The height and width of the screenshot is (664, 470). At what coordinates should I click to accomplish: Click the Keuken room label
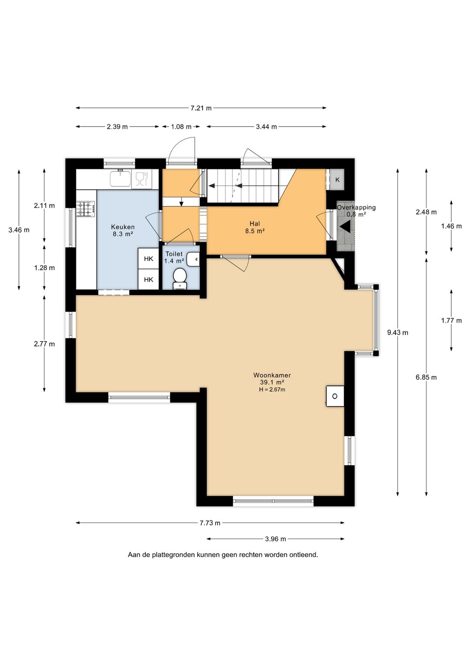click(x=123, y=227)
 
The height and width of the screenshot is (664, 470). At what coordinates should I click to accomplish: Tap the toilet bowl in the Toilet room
click(x=180, y=278)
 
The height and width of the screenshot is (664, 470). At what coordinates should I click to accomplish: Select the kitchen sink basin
click(x=121, y=179)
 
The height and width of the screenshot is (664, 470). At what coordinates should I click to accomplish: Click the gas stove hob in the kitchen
click(x=86, y=208)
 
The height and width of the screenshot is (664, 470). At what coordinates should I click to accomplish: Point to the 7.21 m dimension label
click(x=201, y=108)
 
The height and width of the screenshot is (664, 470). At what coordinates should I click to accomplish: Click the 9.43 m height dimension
click(x=398, y=332)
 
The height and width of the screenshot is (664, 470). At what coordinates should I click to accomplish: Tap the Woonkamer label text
click(x=272, y=375)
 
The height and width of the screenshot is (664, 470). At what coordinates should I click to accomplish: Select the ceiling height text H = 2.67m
click(x=272, y=389)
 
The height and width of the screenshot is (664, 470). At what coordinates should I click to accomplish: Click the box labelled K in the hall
click(x=337, y=180)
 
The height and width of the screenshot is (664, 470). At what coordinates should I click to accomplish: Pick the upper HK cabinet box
click(x=148, y=258)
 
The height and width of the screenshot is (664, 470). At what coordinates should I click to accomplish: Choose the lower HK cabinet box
click(x=148, y=279)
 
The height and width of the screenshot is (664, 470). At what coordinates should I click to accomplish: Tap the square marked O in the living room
click(x=335, y=396)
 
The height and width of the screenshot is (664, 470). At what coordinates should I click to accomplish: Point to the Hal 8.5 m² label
click(x=255, y=228)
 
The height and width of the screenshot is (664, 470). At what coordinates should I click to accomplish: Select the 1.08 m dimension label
click(x=181, y=127)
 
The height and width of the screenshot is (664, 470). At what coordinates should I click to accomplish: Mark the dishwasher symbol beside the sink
click(x=141, y=179)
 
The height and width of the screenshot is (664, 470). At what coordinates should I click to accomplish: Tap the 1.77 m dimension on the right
click(x=451, y=320)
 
